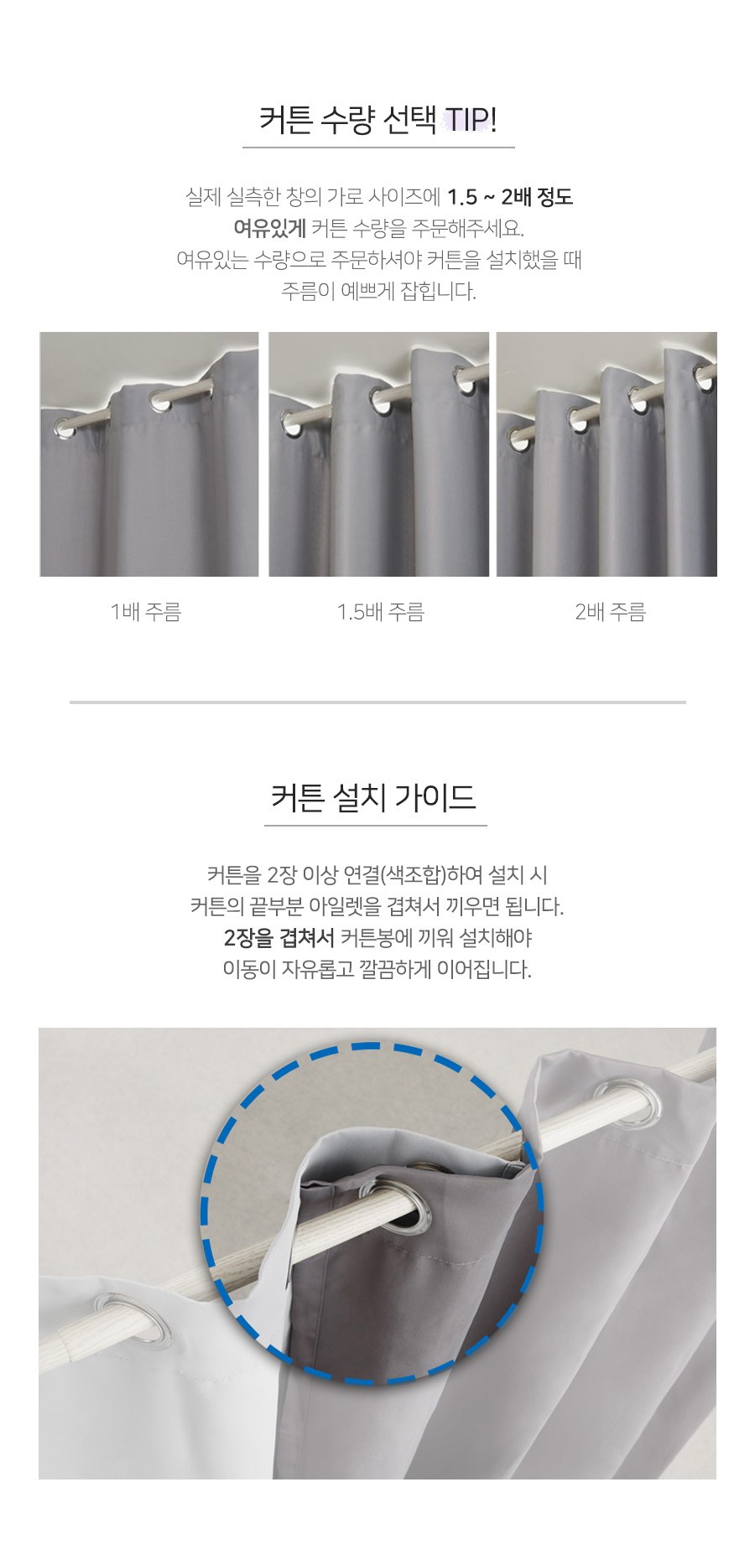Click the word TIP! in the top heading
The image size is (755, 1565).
pos(470,119)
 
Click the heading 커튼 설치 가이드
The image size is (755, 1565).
pos(374,796)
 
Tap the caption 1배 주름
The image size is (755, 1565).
pos(146,612)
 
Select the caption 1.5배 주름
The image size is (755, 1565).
pos(381,612)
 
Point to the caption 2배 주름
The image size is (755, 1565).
pos(611,612)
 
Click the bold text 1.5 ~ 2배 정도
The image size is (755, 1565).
pos(510,197)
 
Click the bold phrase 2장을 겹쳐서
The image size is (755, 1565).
pos(279,937)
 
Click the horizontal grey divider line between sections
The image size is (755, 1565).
pos(377,702)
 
